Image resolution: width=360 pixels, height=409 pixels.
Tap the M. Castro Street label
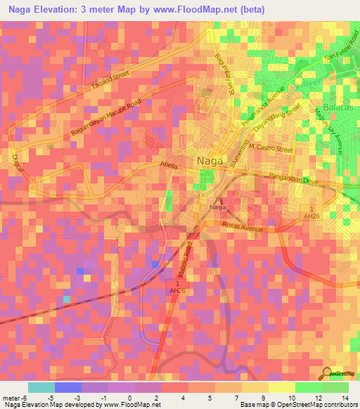(265, 149)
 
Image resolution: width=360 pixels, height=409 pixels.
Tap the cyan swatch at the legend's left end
(41, 387)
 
